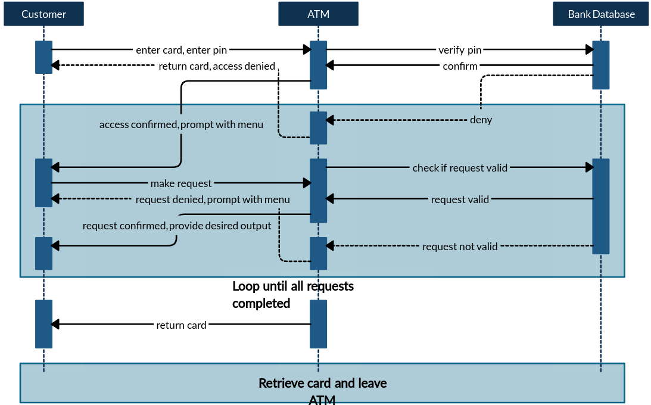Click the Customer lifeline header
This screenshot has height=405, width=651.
[x=43, y=14]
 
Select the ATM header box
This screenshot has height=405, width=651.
[x=318, y=14]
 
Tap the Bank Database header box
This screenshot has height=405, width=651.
[x=600, y=14]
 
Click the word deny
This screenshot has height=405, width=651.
[x=481, y=120]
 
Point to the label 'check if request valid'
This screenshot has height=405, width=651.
[x=460, y=168]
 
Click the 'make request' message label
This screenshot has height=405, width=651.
[x=181, y=183]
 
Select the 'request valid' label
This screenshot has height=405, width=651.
[x=460, y=200]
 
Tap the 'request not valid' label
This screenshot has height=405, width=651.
[x=460, y=247]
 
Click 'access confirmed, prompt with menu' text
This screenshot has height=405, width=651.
[x=181, y=125]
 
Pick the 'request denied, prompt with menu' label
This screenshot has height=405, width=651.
[x=213, y=200]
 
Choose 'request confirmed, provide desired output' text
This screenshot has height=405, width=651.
[x=177, y=226]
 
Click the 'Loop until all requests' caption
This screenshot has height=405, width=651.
[x=292, y=286]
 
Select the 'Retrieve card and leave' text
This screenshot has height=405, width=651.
[x=322, y=383]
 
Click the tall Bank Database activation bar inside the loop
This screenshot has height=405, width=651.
[x=600, y=206]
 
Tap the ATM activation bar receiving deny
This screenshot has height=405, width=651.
[x=318, y=127]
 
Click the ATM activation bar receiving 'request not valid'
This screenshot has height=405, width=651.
[x=318, y=253]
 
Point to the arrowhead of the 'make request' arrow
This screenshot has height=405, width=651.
[x=307, y=183]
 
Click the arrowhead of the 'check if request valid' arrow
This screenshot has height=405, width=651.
[x=589, y=168]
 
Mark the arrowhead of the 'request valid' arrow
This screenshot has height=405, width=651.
[x=330, y=199]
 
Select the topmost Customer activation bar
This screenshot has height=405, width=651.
[x=43, y=57]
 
